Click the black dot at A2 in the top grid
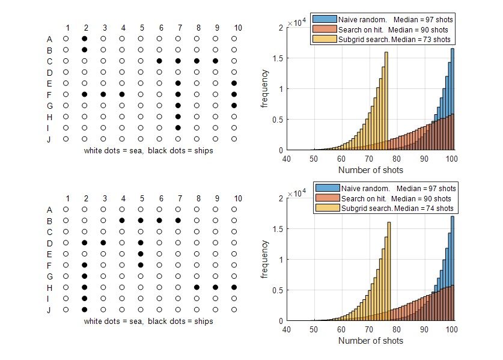85,38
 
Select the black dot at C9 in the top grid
216,61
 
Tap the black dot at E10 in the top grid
234,83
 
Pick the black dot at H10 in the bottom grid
234,287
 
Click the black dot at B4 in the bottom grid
122,221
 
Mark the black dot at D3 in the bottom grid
103,243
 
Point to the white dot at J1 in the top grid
66,139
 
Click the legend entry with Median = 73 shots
383,40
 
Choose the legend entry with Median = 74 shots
385,209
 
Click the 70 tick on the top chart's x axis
369,159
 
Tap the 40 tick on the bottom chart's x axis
287,329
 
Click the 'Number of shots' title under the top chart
371,170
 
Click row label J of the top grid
49,139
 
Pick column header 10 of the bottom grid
238,199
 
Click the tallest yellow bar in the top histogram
386,102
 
